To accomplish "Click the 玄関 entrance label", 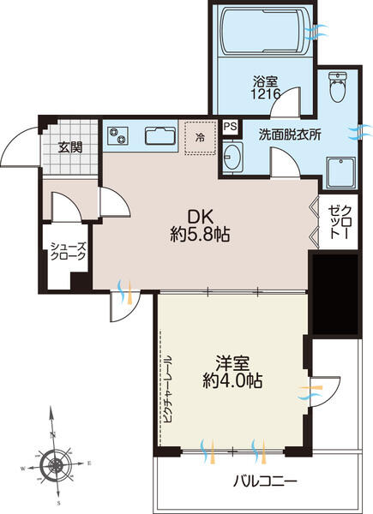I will (70, 146).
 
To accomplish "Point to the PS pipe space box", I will (229, 127).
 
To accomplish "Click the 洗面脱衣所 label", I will (289, 134).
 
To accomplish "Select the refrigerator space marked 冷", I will (200, 137).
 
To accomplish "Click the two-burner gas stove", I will (117, 136).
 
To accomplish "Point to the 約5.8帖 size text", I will (202, 234).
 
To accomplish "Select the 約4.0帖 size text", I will (228, 381).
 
